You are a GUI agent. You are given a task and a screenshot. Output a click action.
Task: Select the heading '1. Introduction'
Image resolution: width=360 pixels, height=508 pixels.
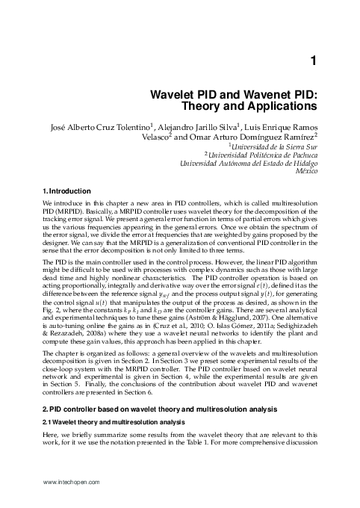(x=67, y=191)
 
